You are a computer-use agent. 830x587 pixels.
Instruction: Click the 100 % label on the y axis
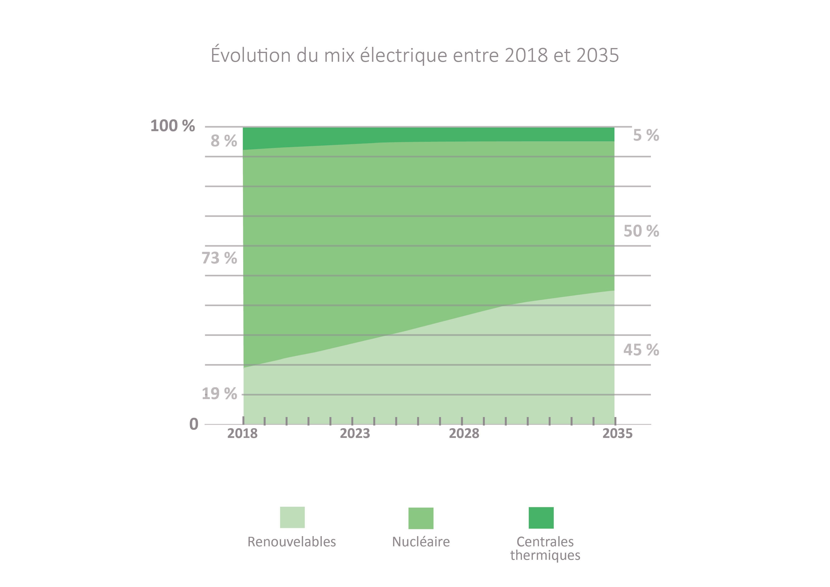pos(172,126)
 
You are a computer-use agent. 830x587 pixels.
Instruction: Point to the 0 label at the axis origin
pos(194,424)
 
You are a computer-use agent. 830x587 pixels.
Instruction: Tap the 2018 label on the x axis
pos(242,433)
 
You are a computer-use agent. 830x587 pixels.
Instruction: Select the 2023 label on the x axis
pos(355,433)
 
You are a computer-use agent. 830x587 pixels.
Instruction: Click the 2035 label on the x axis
pos(618,433)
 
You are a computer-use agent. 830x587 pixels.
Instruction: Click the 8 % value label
pos(224,141)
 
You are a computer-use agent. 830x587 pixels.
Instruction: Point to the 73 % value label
pos(219,258)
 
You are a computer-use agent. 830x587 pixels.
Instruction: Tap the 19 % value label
pos(219,394)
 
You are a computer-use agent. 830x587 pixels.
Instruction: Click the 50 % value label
pos(641,231)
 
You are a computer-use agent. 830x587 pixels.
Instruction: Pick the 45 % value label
pos(641,350)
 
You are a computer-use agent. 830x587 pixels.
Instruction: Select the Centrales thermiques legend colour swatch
pos(541,518)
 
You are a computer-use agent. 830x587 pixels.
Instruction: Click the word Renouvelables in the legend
pos(292,542)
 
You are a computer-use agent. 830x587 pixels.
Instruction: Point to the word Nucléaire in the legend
pos(421,542)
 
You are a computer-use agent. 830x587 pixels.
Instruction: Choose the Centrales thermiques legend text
pos(545,548)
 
